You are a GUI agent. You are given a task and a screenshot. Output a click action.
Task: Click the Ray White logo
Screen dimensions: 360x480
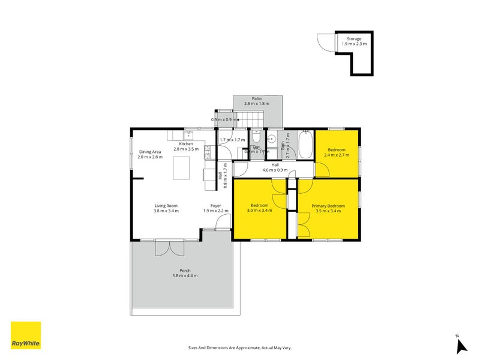point(26,335)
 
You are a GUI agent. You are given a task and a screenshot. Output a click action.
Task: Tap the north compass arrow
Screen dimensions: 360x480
point(460,346)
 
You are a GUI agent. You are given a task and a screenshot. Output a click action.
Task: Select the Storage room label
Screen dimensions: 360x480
point(353,39)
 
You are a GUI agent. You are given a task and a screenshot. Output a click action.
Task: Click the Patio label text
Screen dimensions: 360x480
point(256,98)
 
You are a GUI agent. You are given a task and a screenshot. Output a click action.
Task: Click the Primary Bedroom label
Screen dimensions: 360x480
point(328,206)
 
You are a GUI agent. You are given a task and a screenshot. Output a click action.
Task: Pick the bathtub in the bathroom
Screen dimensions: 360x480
point(305,145)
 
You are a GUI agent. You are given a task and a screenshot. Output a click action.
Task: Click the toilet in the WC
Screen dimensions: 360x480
point(256,137)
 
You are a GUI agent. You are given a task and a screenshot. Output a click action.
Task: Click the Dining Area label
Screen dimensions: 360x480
point(150,152)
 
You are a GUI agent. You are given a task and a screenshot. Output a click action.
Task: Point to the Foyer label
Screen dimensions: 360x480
point(215,206)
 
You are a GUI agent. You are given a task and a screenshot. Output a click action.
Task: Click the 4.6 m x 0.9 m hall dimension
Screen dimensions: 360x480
point(275,170)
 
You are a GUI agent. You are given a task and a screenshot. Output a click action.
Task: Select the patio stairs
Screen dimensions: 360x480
point(256,118)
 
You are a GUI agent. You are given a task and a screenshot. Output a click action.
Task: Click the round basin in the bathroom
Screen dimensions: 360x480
point(271,139)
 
